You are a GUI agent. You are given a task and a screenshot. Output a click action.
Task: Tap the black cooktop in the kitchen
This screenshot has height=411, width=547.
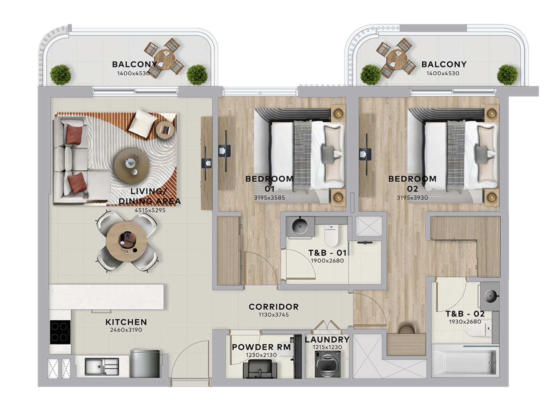(60, 332)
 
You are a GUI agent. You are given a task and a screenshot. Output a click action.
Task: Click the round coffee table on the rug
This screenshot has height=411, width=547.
(131, 166)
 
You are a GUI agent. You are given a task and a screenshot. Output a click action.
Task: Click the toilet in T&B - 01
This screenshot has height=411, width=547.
(331, 235)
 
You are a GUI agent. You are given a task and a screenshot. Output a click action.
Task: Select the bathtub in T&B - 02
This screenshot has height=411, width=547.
(464, 361)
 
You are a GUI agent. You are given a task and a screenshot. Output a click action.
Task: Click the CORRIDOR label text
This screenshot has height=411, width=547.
(273, 307)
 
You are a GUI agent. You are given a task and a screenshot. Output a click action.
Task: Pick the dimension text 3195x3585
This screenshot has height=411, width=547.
(269, 198)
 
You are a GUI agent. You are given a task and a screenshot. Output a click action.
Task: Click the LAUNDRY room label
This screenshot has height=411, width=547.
(327, 340)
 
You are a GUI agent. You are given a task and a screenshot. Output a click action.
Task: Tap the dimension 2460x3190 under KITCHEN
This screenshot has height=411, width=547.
(126, 330)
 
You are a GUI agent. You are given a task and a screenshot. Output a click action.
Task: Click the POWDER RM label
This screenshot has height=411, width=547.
(261, 347)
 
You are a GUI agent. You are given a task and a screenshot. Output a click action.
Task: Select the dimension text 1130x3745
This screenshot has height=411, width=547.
(273, 315)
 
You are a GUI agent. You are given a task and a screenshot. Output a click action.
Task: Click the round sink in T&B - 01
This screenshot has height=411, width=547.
(300, 226)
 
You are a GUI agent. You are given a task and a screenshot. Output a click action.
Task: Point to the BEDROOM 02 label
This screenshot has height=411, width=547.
(412, 183)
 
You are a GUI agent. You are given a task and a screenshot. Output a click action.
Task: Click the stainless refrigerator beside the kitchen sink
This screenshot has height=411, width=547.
(145, 363)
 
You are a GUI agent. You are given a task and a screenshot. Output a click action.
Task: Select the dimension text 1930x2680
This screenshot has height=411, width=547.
(465, 322)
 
